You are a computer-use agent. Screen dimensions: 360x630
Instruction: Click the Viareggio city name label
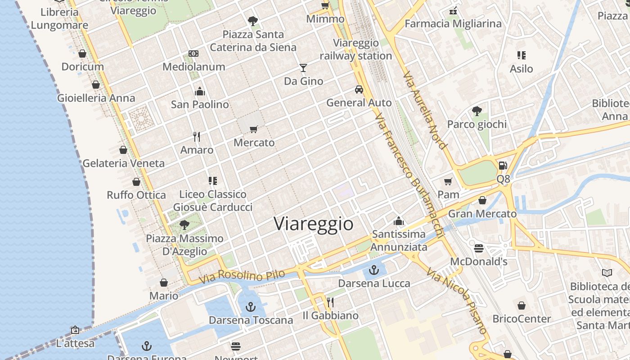click(314, 224)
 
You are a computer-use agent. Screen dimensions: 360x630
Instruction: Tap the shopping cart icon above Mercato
click(254, 130)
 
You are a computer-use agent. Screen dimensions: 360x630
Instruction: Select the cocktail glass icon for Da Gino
click(303, 68)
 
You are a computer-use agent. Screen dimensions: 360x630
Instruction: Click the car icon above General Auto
click(359, 89)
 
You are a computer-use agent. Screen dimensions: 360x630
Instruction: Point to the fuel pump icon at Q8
click(503, 166)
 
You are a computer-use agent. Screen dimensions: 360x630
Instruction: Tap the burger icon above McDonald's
click(479, 248)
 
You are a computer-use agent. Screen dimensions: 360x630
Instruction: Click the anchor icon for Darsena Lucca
click(373, 270)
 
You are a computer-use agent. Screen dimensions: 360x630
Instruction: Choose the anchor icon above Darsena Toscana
click(251, 307)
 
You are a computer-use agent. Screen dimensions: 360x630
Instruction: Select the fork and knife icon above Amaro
click(197, 136)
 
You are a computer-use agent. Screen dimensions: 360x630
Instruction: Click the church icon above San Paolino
click(200, 91)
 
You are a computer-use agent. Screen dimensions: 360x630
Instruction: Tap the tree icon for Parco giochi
click(477, 111)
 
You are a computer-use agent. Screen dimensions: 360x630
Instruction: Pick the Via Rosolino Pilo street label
click(243, 276)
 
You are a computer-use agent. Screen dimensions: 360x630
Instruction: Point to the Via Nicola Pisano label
click(457, 301)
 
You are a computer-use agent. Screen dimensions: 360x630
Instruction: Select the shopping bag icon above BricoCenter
click(521, 306)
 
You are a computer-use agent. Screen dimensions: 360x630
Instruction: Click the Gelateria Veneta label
click(124, 163)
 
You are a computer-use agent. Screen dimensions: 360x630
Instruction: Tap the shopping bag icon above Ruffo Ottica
click(136, 182)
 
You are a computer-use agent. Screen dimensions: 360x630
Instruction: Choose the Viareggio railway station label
click(356, 49)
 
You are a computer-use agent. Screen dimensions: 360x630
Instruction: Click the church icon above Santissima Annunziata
click(399, 221)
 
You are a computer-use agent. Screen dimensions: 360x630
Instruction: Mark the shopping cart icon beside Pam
click(448, 181)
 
